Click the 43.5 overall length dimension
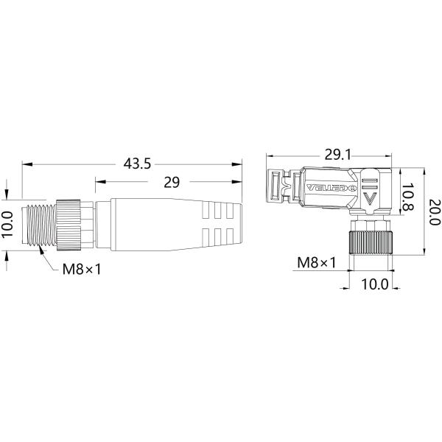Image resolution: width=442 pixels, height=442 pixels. [x=136, y=164]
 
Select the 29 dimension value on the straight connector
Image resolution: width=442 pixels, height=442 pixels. [x=170, y=183]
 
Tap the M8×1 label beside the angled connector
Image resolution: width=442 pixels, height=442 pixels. [x=316, y=262]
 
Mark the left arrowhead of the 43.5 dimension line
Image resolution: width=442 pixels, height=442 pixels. [x=25, y=164]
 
